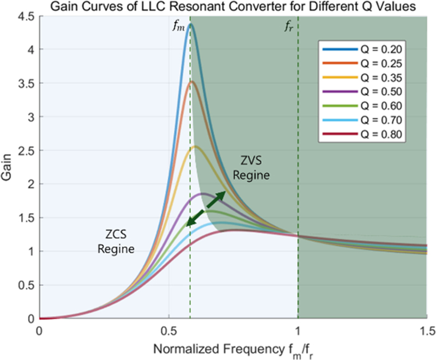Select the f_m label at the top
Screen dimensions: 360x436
pos(178,26)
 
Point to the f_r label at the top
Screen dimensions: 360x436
pos(290,26)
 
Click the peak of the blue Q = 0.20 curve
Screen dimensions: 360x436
pos(190,25)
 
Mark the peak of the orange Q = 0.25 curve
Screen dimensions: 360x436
pos(191,82)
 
